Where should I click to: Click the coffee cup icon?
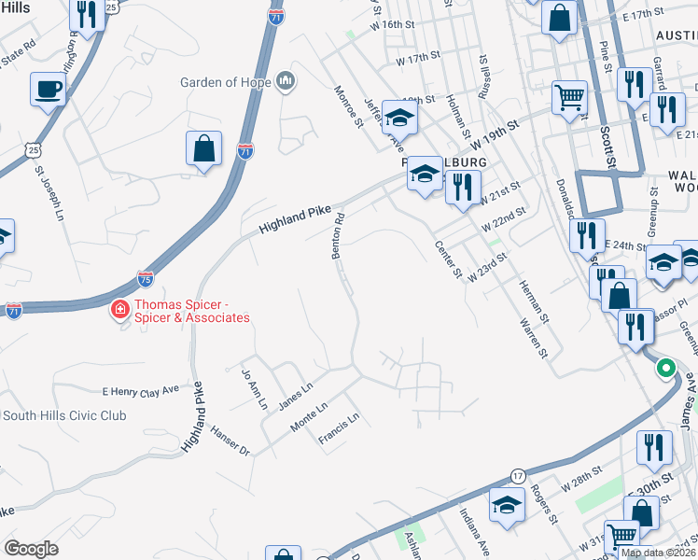[x=48, y=90]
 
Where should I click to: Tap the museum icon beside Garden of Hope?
[x=286, y=82]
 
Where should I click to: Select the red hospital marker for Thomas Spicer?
[x=119, y=309]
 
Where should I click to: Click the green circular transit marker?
[x=665, y=368]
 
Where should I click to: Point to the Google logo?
[x=31, y=548]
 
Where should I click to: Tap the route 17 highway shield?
[x=518, y=476]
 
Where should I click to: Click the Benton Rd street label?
[x=340, y=236]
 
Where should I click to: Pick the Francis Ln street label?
[x=338, y=430]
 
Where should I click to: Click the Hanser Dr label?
[x=231, y=439]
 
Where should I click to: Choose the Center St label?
[x=449, y=260]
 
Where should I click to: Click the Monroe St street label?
[x=347, y=108]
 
